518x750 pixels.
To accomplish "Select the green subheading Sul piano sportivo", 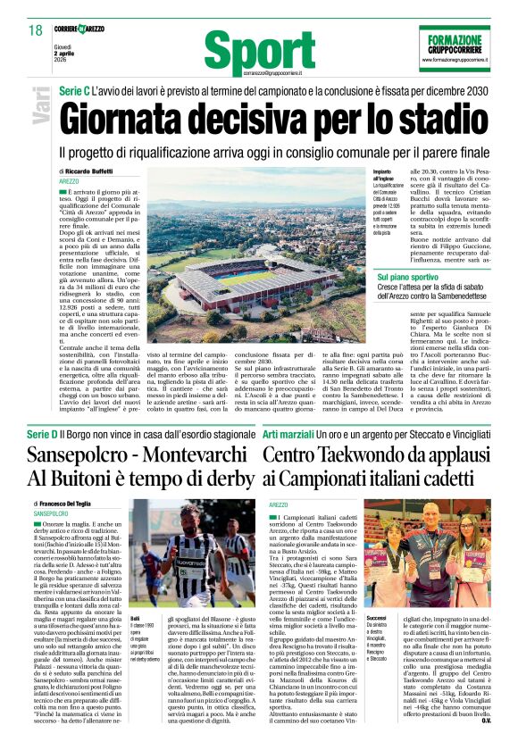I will (x=407, y=279).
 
